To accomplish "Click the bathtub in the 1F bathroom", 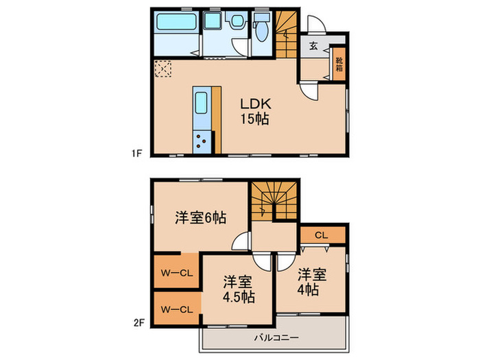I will (x=176, y=22).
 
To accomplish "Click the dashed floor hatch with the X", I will (x=163, y=69).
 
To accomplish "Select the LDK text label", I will (x=256, y=104).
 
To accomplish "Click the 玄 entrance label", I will (x=313, y=47).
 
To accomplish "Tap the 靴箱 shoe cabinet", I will (x=339, y=65).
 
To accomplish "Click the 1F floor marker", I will (x=136, y=154).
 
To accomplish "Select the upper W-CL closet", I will (x=177, y=273).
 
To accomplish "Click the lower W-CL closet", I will (x=177, y=309).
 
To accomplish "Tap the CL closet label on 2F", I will (x=322, y=235).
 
